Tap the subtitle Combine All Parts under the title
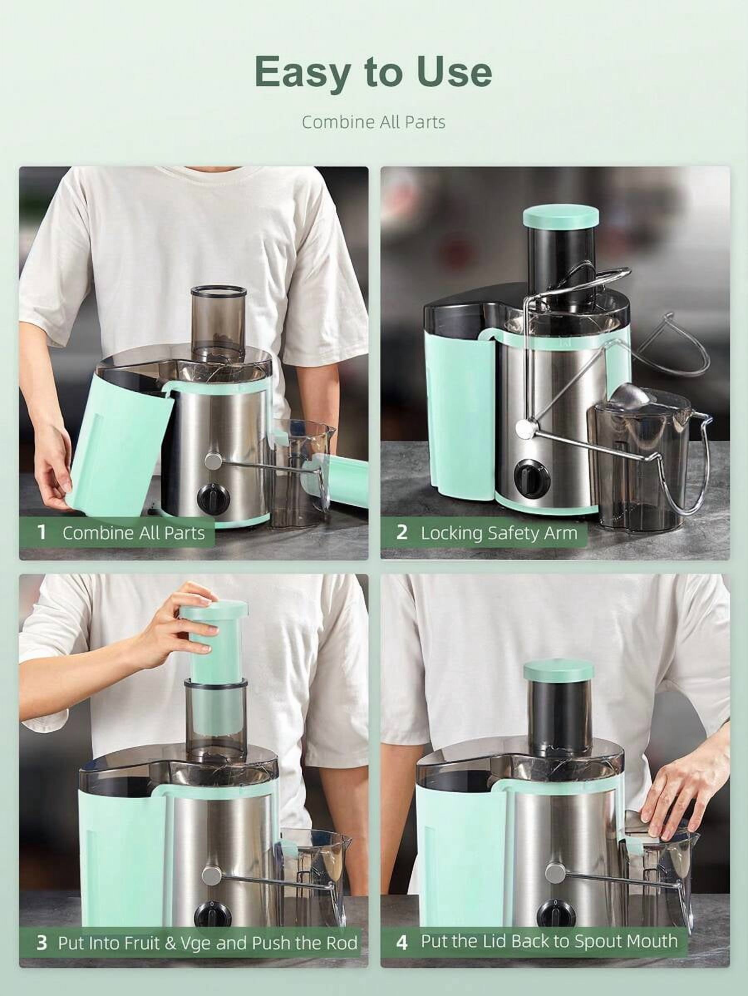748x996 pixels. [x=374, y=122]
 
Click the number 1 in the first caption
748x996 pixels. [x=42, y=532]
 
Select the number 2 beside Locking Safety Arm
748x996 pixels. [x=402, y=532]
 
